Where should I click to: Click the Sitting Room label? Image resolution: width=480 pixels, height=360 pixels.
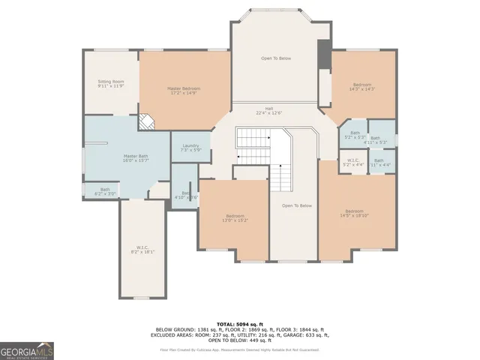click(x=110, y=83)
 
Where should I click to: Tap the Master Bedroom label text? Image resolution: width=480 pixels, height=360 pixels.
click(x=183, y=91)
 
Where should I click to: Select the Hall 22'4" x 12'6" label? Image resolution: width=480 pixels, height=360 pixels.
click(x=268, y=110)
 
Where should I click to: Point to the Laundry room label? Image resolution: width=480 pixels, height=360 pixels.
click(x=190, y=148)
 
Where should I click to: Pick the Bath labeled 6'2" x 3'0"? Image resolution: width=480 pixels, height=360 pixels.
click(x=100, y=191)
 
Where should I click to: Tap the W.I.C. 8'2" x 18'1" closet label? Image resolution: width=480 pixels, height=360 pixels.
click(x=142, y=250)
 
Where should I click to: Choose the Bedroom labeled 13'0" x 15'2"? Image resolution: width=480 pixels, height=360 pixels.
click(x=234, y=218)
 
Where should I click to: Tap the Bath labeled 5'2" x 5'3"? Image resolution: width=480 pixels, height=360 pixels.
click(x=355, y=135)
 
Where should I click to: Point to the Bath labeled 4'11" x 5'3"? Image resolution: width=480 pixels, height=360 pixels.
click(x=380, y=139)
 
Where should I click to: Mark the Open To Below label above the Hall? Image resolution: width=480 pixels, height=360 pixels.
click(x=277, y=58)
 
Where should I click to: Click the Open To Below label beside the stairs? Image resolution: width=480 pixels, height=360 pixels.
click(x=296, y=205)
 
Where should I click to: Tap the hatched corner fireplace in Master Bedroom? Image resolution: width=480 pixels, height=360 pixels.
click(x=146, y=123)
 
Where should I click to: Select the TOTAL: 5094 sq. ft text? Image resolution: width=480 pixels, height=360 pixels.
click(x=240, y=322)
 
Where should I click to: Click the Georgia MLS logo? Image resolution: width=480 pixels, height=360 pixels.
click(x=27, y=351)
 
